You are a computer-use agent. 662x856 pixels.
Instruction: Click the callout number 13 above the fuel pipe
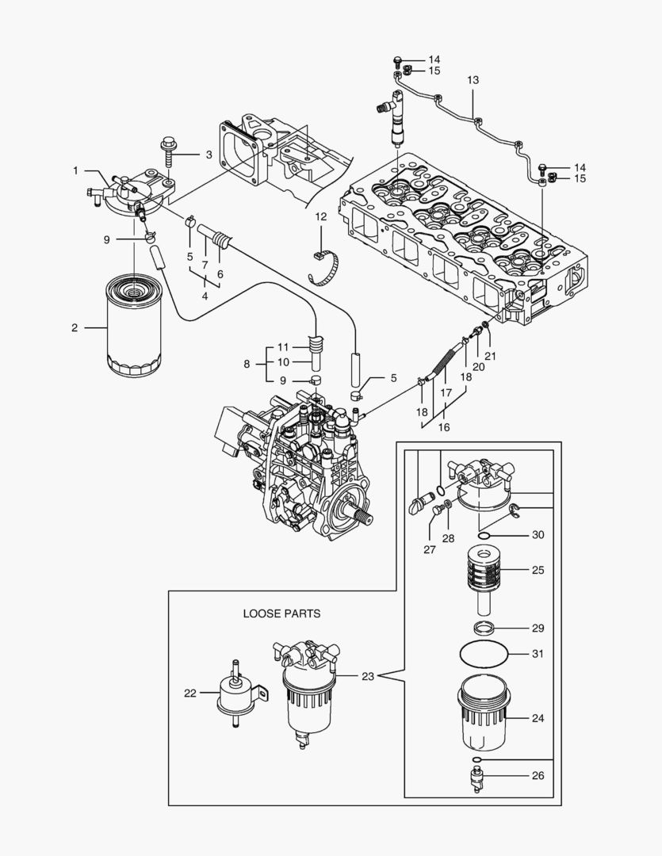point(473,81)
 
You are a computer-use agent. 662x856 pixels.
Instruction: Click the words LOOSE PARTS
point(281,613)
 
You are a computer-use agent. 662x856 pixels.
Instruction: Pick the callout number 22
point(189,693)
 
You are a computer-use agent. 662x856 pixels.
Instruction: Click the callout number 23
point(368,676)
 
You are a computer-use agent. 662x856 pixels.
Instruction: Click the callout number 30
point(538,535)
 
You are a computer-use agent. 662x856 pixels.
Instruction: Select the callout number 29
point(538,628)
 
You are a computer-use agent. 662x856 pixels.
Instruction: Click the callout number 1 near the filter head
point(76,170)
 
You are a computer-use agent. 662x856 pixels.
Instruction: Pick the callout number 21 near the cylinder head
point(490,356)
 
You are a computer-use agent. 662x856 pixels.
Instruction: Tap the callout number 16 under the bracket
point(444,427)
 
